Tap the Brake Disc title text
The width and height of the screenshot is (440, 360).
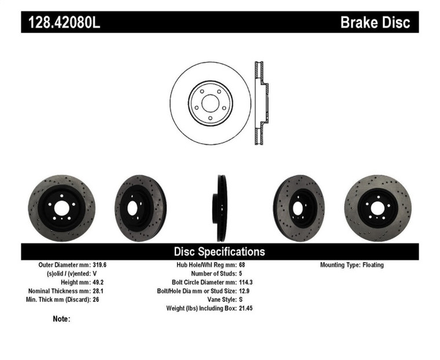[375, 23]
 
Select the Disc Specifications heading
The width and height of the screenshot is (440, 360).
[219, 252]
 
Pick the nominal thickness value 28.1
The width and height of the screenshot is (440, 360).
[100, 291]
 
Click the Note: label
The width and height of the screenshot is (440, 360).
[61, 319]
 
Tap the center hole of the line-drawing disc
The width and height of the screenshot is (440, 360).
[210, 104]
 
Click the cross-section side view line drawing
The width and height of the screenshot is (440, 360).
[261, 103]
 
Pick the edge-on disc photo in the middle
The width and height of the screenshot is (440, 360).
[221, 208]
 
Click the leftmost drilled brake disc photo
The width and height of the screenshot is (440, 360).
[61, 208]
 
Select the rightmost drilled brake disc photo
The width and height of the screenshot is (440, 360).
[378, 208]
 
